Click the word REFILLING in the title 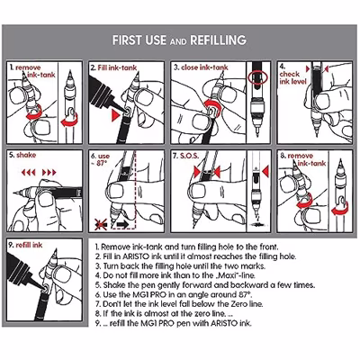click(218, 40)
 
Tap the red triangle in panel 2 click(116, 116)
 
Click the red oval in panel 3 click(258, 77)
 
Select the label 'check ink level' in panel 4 click(292, 77)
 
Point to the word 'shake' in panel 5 click(26, 155)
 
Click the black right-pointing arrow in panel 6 click(122, 224)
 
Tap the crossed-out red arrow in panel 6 click(101, 224)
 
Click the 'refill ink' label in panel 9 click(29, 245)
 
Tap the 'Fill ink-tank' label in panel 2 click(117, 67)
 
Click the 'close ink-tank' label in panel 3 click(204, 67)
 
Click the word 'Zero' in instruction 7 click(238, 304)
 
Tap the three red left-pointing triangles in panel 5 click(29, 173)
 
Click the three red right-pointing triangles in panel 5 click(49, 173)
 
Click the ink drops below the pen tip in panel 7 click(258, 224)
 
